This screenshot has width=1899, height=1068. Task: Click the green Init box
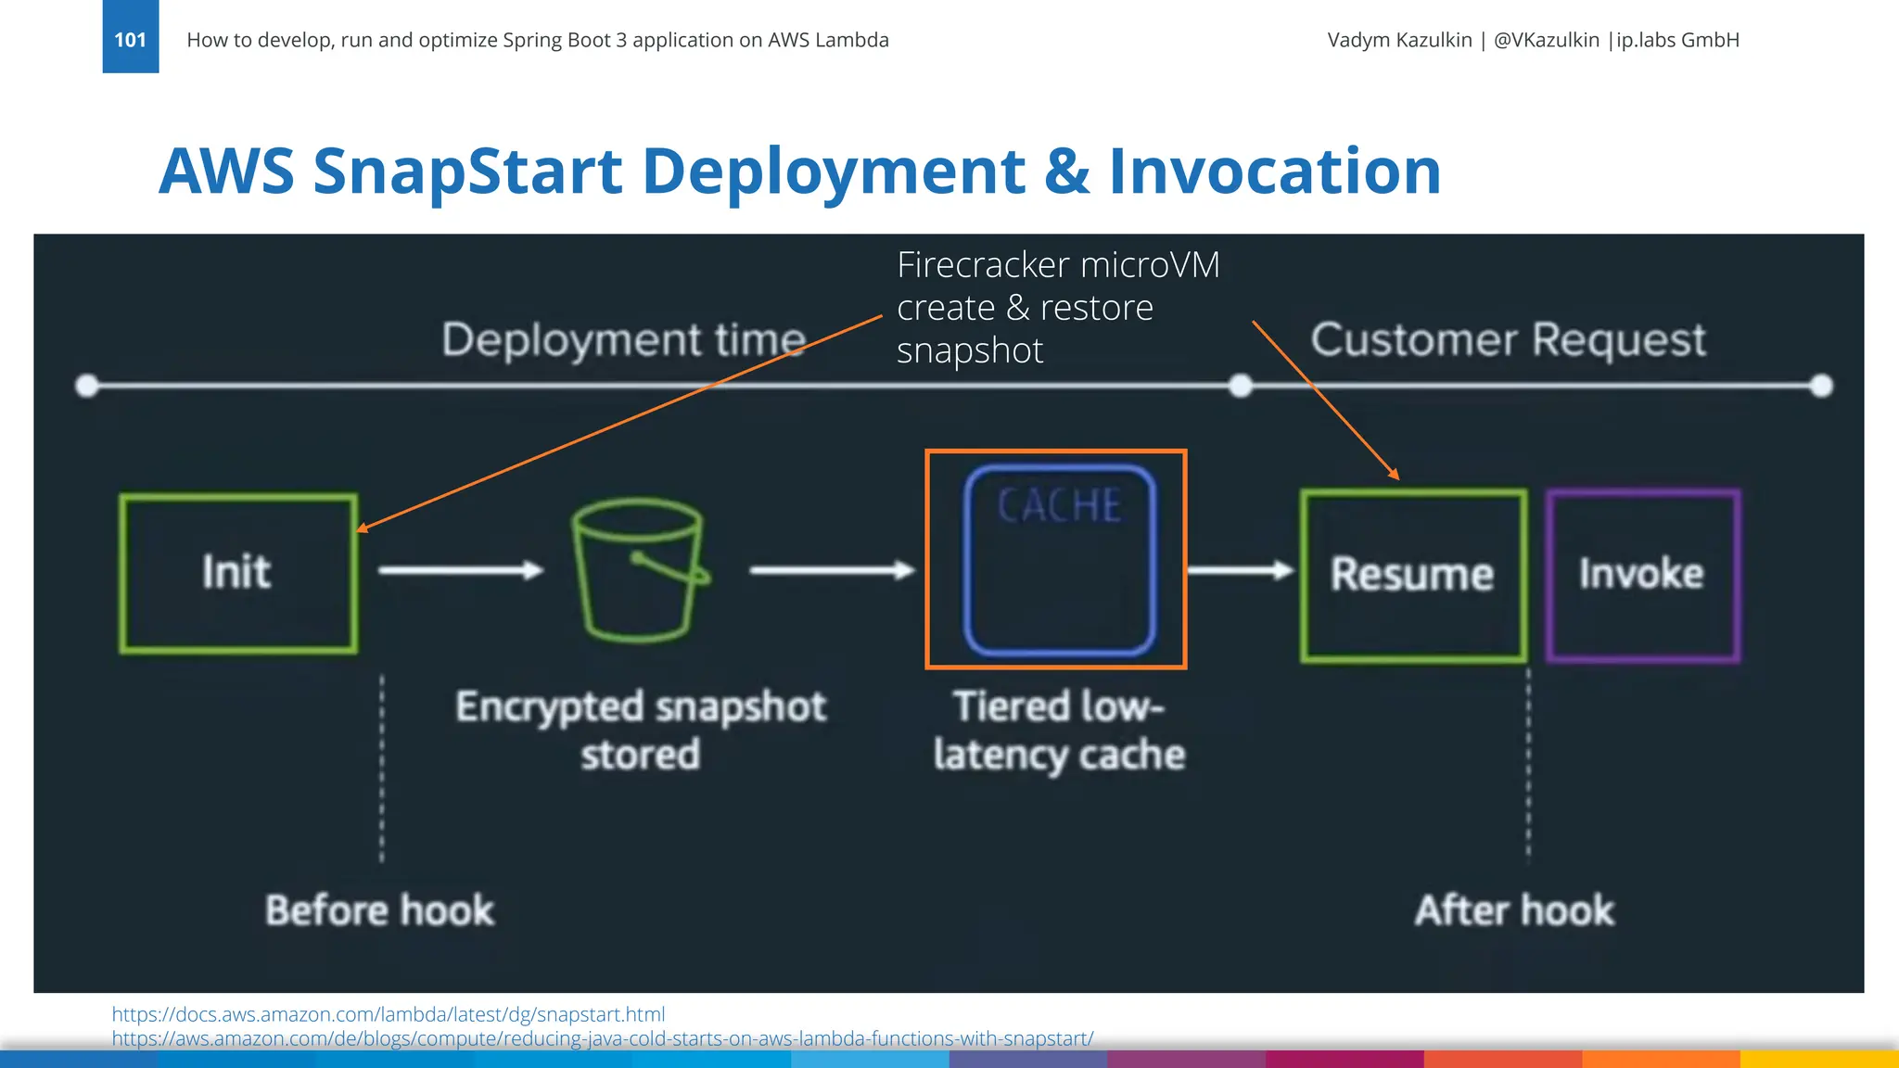[238, 573]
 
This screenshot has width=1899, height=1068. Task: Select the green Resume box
[1413, 575]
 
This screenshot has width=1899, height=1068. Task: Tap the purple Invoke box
[1642, 575]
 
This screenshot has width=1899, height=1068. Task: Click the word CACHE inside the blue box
[1059, 506]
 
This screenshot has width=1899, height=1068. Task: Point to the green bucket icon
[638, 571]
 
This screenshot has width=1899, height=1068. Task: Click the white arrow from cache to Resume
[1240, 570]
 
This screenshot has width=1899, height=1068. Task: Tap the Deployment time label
[623, 339]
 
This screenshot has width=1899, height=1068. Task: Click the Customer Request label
[1508, 339]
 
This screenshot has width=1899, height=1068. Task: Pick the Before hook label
[379, 910]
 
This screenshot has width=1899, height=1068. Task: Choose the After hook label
[1514, 910]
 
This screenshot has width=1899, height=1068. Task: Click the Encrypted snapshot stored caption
[640, 730]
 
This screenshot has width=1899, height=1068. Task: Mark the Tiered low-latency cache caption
[1059, 730]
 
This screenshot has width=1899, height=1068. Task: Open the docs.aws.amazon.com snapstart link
[388, 1014]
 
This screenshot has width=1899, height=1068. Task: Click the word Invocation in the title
[1274, 172]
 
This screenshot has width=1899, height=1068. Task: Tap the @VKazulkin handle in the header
[1546, 40]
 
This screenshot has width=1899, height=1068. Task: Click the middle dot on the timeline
[1240, 386]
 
